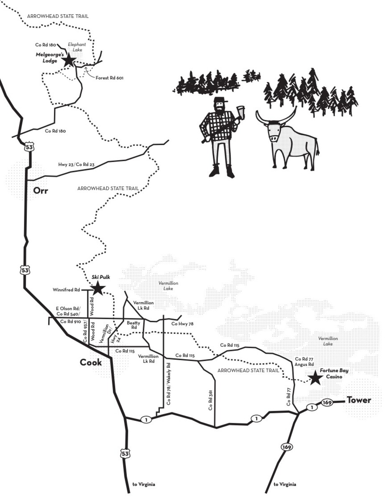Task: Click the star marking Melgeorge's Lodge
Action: click(69, 61)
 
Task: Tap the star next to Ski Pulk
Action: click(97, 288)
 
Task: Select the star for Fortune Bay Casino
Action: click(315, 378)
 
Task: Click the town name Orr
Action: click(41, 191)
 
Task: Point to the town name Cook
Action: click(91, 362)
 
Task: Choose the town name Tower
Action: click(359, 400)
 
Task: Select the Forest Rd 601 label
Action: click(109, 78)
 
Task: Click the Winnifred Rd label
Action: click(66, 289)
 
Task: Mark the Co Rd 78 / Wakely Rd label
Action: click(169, 384)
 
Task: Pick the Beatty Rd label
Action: click(133, 325)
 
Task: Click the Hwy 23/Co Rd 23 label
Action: click(76, 165)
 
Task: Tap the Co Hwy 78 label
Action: click(182, 324)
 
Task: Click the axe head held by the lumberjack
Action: click(241, 113)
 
